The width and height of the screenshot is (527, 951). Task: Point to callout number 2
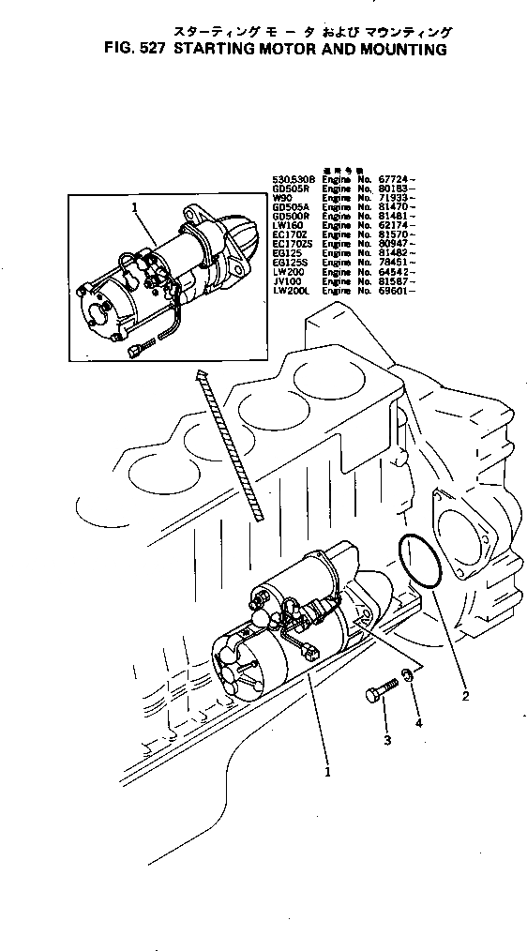465,697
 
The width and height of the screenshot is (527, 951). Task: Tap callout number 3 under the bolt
384,741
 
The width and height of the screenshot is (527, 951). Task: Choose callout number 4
418,723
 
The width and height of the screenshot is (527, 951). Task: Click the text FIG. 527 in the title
120,50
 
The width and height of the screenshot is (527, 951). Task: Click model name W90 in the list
282,199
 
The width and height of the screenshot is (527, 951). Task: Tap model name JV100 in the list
286,280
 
